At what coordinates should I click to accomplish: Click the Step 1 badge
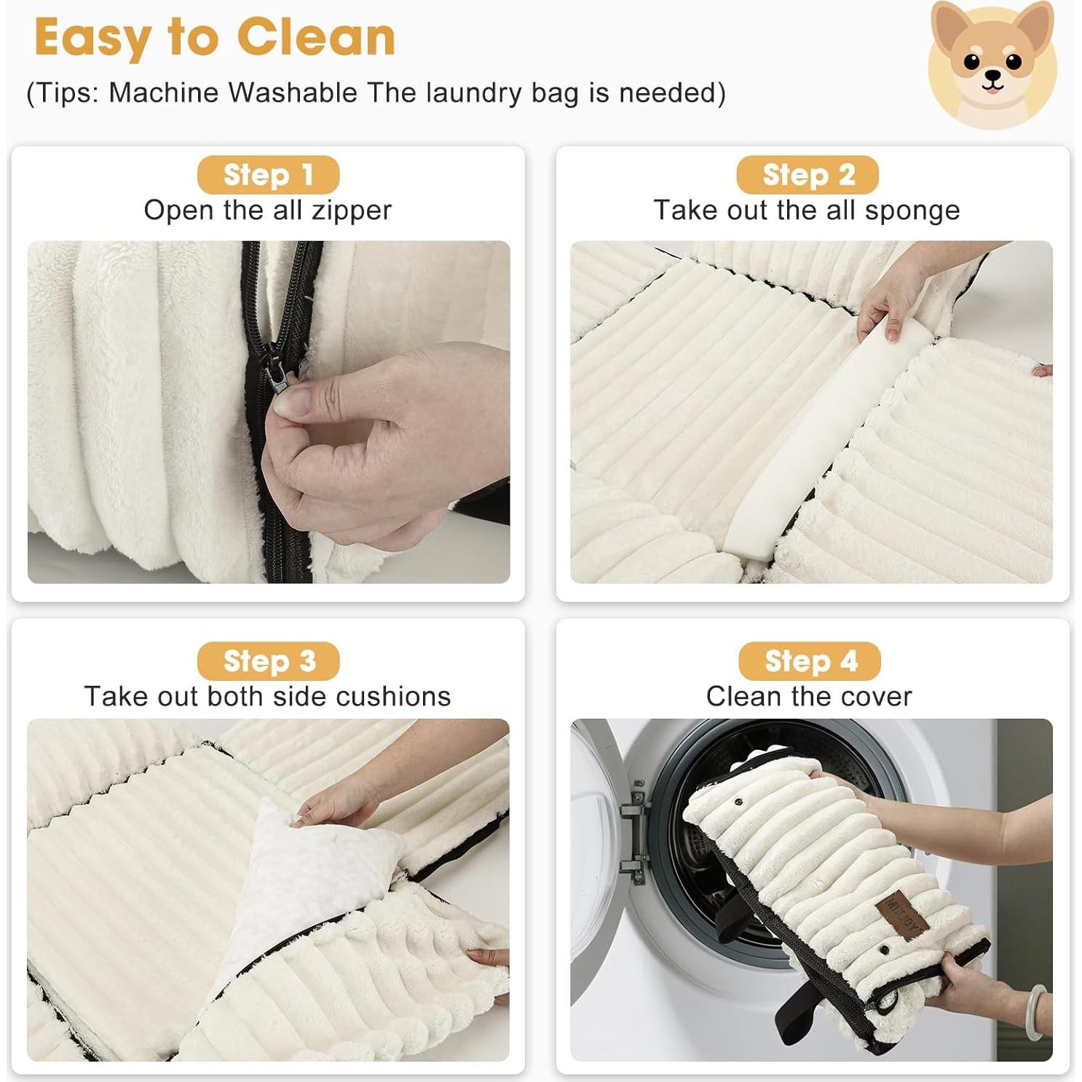click(x=268, y=175)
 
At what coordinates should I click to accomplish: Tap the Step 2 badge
click(x=807, y=175)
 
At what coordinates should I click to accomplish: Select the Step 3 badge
click(x=268, y=661)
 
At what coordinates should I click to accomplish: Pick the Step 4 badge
click(x=810, y=661)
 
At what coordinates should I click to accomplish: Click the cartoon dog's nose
click(x=992, y=75)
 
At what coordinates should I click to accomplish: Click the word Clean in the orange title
click(x=316, y=38)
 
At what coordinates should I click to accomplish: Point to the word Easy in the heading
click(x=93, y=38)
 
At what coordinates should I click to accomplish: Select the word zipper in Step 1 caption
click(x=352, y=210)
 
